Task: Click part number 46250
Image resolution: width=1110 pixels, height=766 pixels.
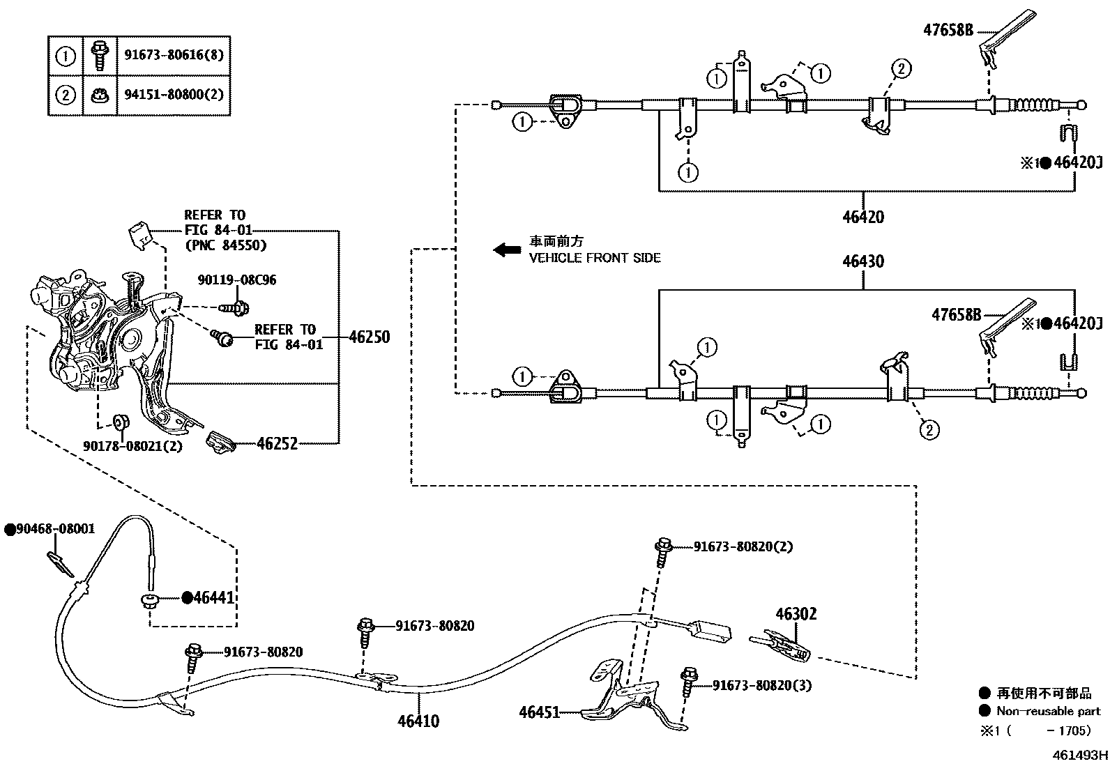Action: [369, 337]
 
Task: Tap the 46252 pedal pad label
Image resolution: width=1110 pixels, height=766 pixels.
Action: [277, 443]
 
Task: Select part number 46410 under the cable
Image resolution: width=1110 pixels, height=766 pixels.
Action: [418, 721]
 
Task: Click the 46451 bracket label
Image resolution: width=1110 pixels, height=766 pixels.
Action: [539, 712]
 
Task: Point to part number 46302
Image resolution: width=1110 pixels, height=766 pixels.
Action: [796, 614]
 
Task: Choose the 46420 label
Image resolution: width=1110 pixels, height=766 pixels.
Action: [862, 217]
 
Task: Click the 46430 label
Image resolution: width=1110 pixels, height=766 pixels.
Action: [863, 261]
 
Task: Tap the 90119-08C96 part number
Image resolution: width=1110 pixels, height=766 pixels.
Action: [237, 280]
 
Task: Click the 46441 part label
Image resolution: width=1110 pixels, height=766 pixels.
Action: [213, 597]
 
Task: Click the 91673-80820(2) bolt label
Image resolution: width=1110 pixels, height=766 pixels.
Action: [743, 546]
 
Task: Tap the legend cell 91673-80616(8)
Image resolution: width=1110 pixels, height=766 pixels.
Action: [174, 55]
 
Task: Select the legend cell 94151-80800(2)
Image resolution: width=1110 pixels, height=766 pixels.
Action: [174, 94]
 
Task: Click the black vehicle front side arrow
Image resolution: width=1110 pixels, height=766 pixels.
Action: [507, 250]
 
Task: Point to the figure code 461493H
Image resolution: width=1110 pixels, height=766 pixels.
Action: [1080, 755]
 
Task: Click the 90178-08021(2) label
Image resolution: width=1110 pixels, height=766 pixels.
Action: [132, 445]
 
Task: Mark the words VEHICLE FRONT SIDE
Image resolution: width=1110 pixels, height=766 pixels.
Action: [595, 259]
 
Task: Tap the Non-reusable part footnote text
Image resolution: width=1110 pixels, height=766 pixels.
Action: [1048, 712]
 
